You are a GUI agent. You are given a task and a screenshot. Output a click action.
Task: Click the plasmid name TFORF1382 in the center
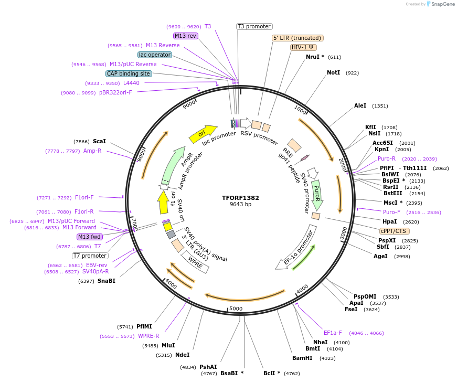pos(240,198)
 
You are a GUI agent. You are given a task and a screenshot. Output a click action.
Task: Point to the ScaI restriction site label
pos(99,141)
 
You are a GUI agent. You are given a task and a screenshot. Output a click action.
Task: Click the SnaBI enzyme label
pos(106,281)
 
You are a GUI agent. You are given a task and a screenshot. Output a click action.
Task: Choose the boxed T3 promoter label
pos(254,26)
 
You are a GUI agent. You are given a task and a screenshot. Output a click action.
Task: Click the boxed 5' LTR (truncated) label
pos(297,38)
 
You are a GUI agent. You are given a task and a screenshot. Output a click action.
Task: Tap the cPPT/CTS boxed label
pos(395,230)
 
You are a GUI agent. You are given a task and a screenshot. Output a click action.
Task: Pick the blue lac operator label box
pos(155,55)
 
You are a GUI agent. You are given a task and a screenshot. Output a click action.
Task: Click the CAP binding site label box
pos(129,73)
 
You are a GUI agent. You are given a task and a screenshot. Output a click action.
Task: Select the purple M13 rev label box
pos(185,36)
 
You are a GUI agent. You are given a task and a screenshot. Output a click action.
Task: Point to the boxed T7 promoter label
pos(90,256)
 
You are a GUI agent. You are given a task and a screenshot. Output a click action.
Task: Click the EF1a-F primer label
pos(333,333)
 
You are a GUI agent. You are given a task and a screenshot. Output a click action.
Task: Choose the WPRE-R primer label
pos(148,336)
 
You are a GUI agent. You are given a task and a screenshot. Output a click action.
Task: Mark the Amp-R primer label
pos(92,151)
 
